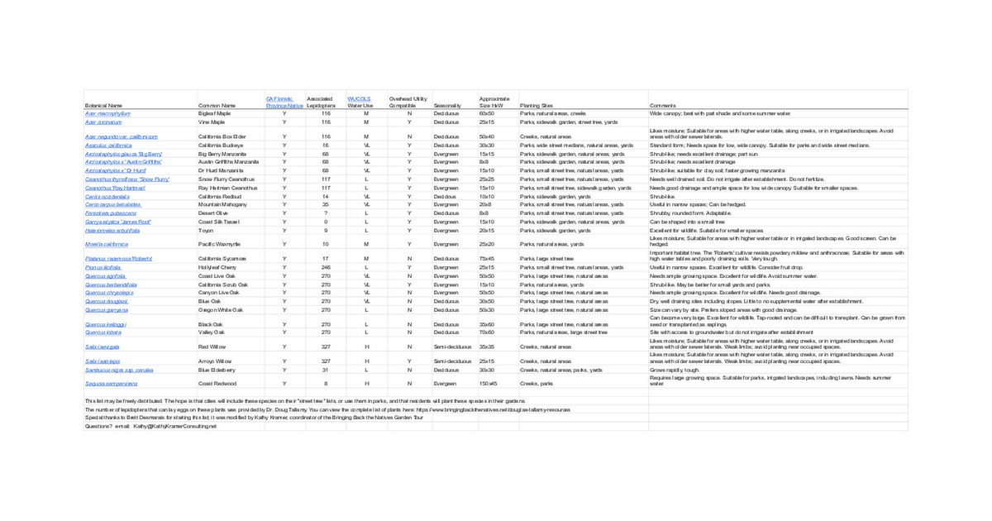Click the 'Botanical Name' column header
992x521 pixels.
click(103, 106)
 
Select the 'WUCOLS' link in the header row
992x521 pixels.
click(358, 98)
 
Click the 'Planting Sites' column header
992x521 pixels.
click(536, 106)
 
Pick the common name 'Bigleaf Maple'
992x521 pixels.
click(214, 113)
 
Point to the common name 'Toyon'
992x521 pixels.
click(206, 231)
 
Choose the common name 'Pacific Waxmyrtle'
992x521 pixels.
click(219, 245)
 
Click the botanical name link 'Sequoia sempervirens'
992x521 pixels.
click(112, 384)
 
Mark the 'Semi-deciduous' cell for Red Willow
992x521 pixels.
click(451, 347)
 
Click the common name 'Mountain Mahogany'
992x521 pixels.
click(221, 204)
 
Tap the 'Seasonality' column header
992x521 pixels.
click(446, 106)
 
